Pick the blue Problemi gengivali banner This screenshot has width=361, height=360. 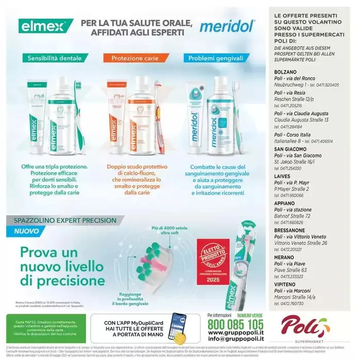point(215,58)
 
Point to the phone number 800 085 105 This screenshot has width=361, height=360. point(235,325)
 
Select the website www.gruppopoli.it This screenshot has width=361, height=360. point(235,333)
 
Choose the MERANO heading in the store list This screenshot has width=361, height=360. point(285,256)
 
